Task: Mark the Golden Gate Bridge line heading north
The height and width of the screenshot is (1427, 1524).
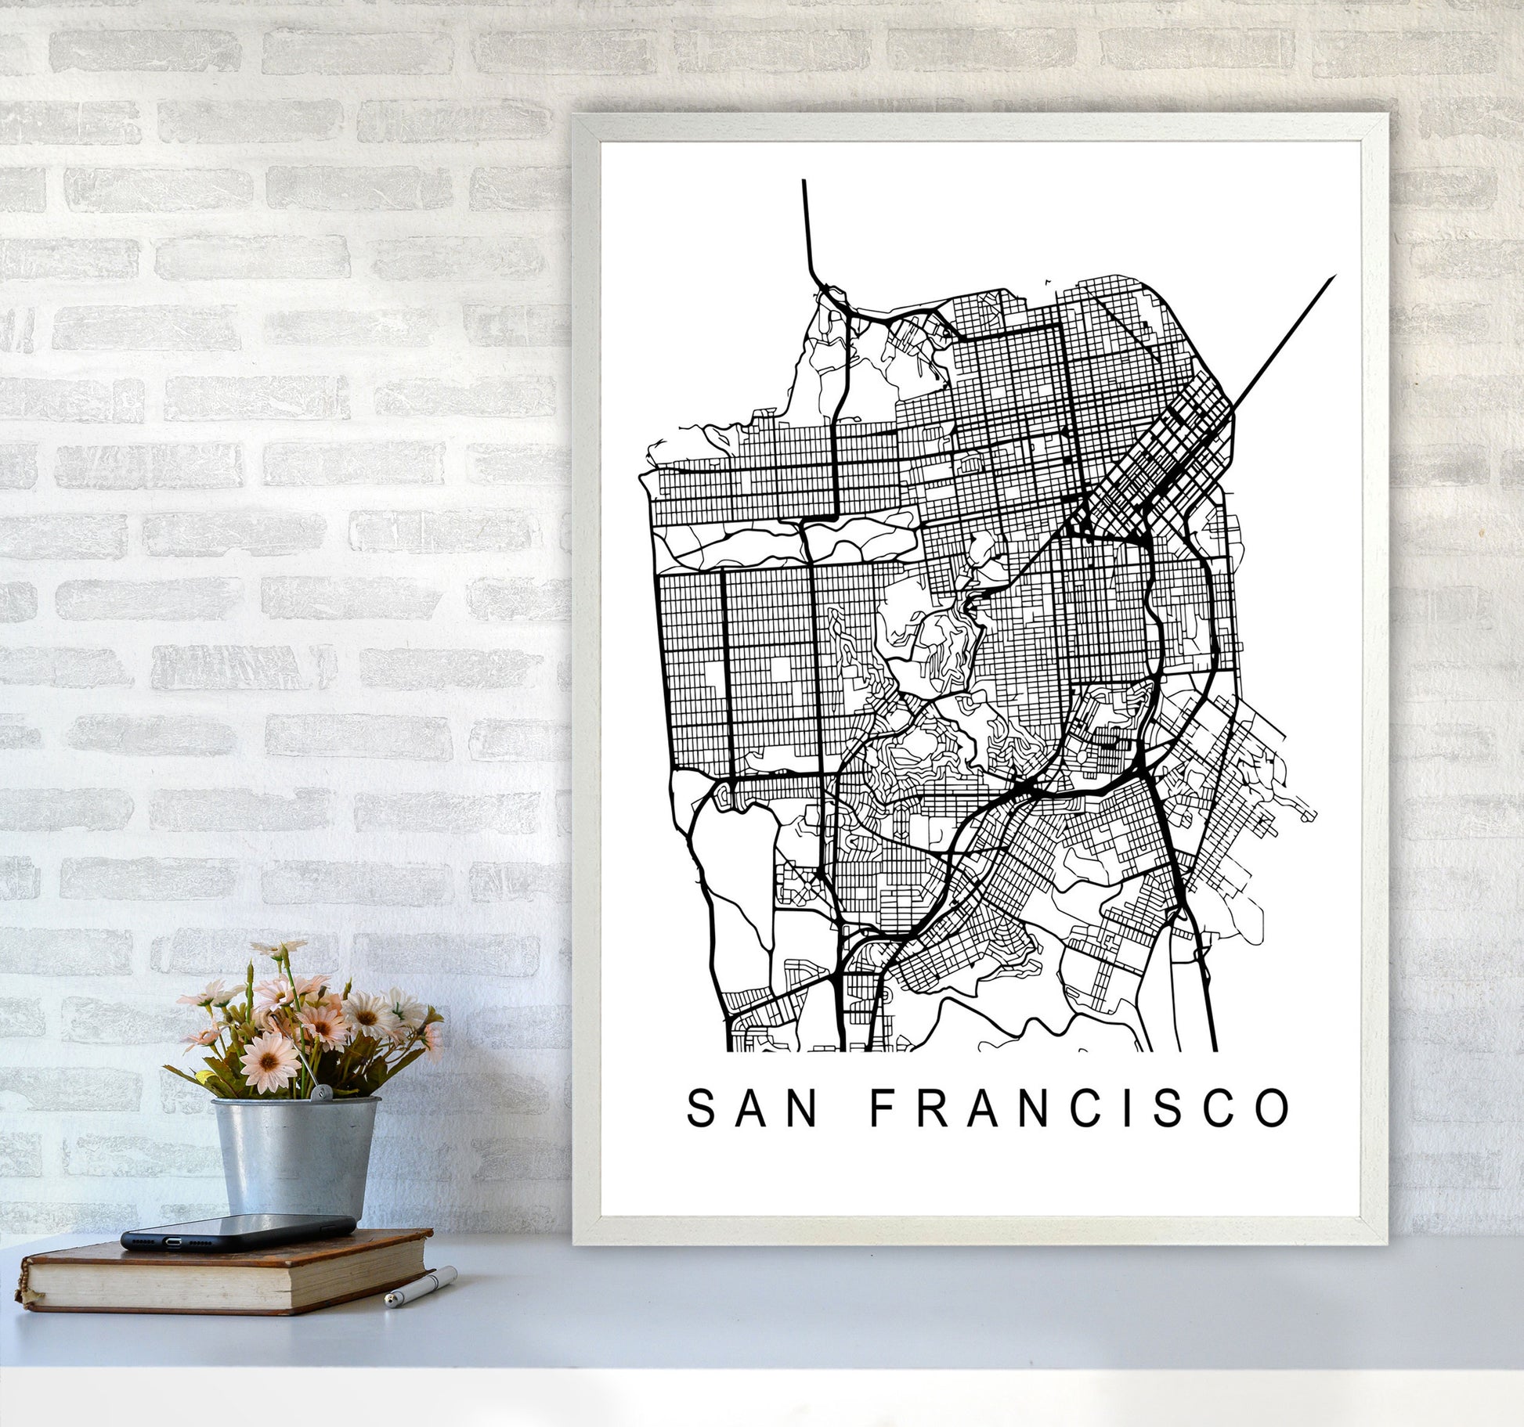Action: (x=806, y=227)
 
